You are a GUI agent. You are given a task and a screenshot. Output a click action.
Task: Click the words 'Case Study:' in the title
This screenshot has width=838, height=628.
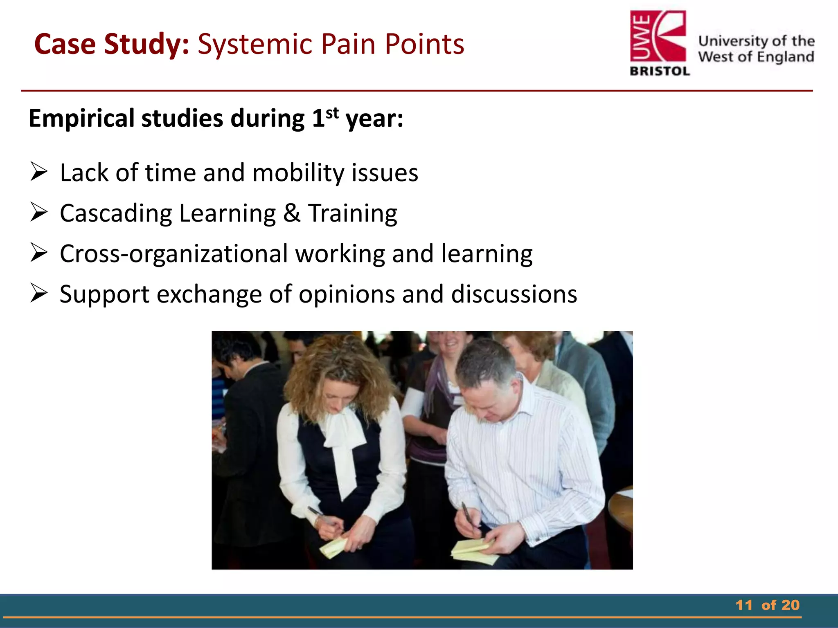pos(111,44)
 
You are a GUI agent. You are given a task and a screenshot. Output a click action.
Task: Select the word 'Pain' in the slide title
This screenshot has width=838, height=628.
pos(348,44)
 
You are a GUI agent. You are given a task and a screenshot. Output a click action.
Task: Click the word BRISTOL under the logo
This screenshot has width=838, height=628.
pos(660,71)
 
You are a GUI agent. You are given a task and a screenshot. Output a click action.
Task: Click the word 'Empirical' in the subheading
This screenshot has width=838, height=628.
pos(81,119)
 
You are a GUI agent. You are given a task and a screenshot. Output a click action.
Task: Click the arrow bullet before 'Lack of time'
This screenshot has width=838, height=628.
pos(39,172)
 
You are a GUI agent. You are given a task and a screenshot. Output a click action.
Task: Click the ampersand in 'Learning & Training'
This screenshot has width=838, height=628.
pos(291,213)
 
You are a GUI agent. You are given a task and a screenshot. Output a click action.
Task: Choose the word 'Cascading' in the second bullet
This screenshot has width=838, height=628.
pos(116,213)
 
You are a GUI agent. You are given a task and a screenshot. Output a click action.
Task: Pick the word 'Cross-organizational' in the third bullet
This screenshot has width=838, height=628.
pos(173,253)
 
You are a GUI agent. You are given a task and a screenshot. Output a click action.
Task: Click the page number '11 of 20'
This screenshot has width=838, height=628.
pos(767,605)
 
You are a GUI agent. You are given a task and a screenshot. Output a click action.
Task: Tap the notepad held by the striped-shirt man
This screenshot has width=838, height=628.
pos(475,550)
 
